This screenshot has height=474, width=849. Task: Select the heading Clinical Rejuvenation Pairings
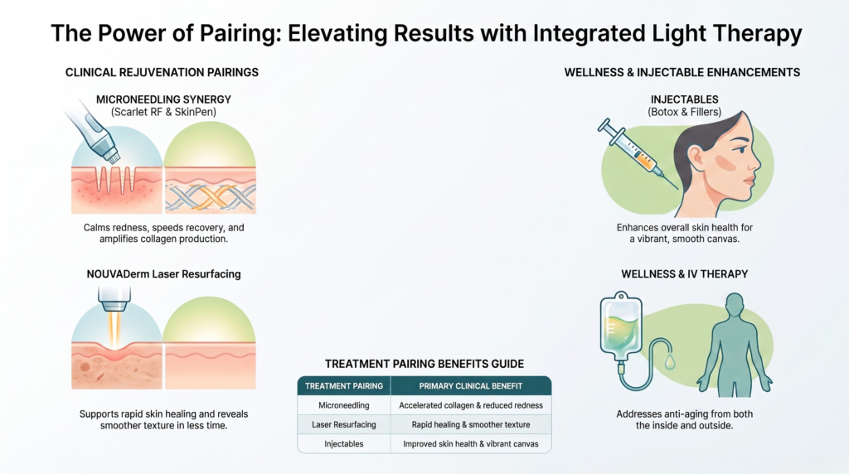click(162, 72)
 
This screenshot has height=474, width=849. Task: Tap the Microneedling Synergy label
click(163, 99)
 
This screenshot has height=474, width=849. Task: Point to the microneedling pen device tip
click(112, 157)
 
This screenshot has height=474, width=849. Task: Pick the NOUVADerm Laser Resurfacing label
click(163, 273)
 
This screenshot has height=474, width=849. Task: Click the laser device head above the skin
click(114, 298)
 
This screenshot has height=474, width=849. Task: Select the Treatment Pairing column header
click(344, 386)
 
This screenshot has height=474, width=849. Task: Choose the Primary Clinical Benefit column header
click(471, 386)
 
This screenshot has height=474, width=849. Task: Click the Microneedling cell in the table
click(344, 405)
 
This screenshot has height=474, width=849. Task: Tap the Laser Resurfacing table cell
click(344, 425)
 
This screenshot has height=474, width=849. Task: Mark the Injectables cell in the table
click(344, 443)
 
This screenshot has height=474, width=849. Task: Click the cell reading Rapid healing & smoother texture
click(471, 425)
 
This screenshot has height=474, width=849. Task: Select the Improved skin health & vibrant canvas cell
click(471, 443)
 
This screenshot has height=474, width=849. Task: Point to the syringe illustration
click(638, 153)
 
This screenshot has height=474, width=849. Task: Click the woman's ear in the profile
click(696, 157)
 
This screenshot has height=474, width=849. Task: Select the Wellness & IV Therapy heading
click(684, 273)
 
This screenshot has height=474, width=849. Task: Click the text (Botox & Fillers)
click(684, 112)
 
